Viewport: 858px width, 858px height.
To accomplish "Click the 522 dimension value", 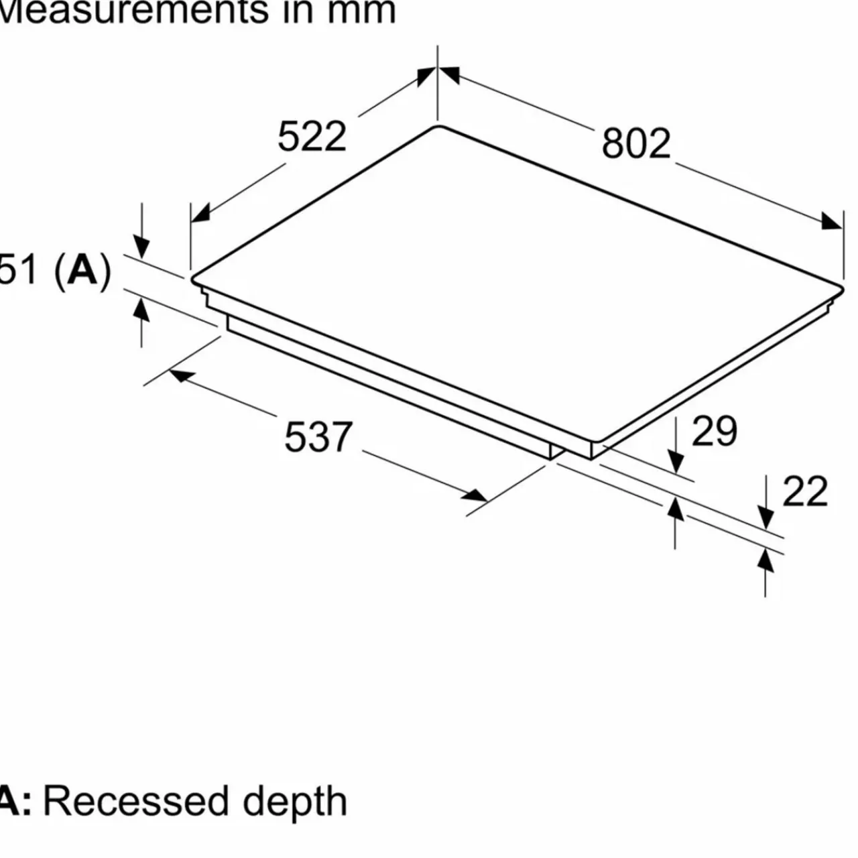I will pyautogui.click(x=312, y=137).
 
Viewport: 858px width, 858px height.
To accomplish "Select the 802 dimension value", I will pyautogui.click(x=636, y=143).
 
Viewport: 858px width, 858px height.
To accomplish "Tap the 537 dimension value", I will pyautogui.click(x=318, y=436).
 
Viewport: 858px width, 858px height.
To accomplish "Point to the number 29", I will pyautogui.click(x=714, y=431).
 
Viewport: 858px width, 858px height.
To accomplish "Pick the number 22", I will pyautogui.click(x=805, y=492).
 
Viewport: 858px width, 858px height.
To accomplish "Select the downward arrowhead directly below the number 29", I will pyautogui.click(x=676, y=463).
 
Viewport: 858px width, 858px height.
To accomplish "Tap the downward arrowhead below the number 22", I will pyautogui.click(x=766, y=518).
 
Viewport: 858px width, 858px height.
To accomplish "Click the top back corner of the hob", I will pyautogui.click(x=438, y=127).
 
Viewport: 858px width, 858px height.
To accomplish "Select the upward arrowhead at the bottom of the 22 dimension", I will pyautogui.click(x=766, y=561).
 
